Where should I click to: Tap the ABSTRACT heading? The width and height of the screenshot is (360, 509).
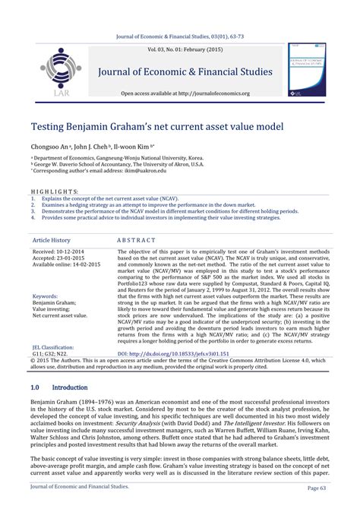[x=137, y=239]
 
